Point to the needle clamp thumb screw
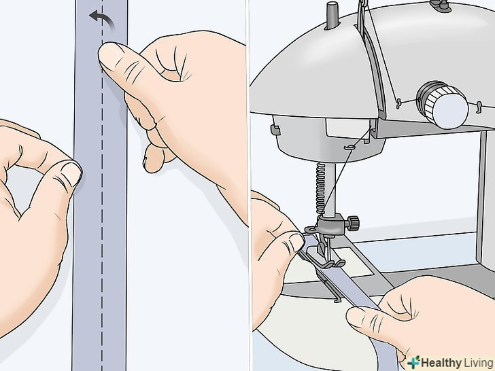pyautogui.click(x=353, y=222)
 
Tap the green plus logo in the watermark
pyautogui.click(x=414, y=362)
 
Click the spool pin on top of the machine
pyautogui.click(x=331, y=15)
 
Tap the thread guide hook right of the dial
pyautogui.click(x=479, y=106)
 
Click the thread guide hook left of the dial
pyautogui.click(x=399, y=103)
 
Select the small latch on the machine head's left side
pyautogui.click(x=275, y=130)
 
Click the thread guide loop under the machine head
pyautogui.click(x=348, y=147)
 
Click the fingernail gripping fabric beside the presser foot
pyautogui.click(x=296, y=243)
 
